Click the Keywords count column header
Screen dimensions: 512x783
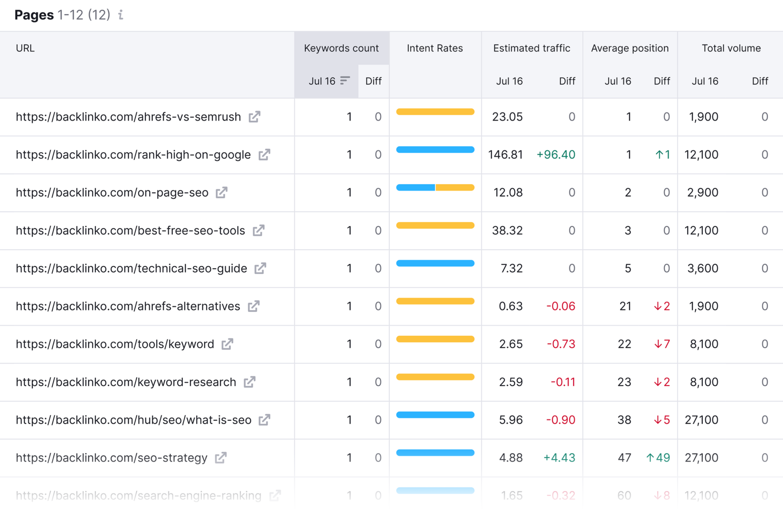341,48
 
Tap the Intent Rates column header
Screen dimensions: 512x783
435,48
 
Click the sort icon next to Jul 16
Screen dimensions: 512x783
345,80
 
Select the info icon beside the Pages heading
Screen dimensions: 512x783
120,15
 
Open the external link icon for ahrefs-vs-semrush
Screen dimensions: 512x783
254,117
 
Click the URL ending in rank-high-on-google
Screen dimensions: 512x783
133,155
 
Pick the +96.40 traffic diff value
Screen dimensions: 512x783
555,155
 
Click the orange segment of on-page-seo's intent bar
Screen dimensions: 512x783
455,187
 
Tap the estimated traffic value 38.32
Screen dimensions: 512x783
507,231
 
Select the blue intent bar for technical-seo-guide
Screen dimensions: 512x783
435,263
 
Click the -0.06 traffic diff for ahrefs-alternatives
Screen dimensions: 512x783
560,306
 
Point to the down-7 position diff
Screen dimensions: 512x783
662,344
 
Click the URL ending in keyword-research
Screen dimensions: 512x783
126,382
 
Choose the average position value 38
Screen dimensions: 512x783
624,420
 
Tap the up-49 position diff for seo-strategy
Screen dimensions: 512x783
658,458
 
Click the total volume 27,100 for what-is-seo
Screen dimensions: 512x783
701,420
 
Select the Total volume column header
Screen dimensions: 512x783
731,48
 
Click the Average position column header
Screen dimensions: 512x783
629,48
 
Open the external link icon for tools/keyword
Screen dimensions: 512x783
227,344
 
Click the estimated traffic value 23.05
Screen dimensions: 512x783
507,117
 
